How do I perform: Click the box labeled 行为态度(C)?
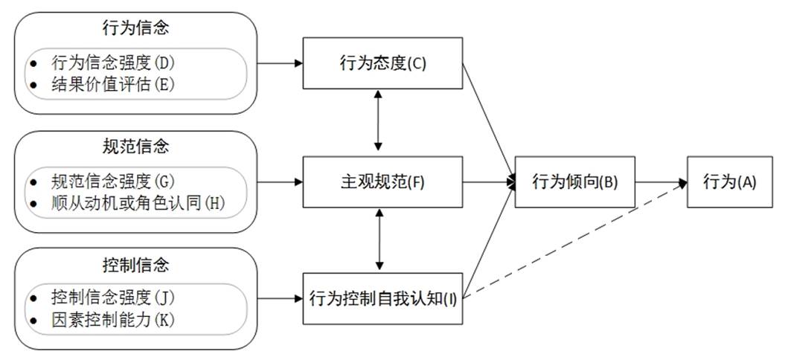click(x=382, y=63)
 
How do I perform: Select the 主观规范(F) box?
click(x=382, y=181)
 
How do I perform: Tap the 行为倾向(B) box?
click(x=575, y=181)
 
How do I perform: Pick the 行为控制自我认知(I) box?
click(x=382, y=299)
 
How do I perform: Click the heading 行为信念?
click(x=135, y=29)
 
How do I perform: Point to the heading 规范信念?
click(x=135, y=146)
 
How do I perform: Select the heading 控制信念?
click(x=135, y=264)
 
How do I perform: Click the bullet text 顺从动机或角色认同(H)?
click(x=138, y=202)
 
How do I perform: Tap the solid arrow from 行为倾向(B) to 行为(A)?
click(x=661, y=181)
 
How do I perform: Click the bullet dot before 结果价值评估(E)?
click(x=33, y=84)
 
